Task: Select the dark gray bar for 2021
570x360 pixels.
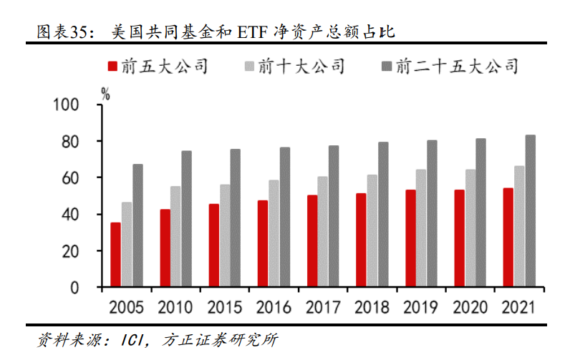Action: pos(530,211)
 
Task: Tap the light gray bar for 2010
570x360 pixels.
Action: pos(175,237)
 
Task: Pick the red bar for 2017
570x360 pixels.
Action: pos(312,241)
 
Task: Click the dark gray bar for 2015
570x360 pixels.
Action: pos(235,218)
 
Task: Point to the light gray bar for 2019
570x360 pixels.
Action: pos(421,228)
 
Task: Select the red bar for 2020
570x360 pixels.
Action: pos(459,238)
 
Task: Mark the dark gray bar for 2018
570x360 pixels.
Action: pos(383,215)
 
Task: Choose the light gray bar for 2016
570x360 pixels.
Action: pos(274,234)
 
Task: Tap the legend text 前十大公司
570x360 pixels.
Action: pos(301,67)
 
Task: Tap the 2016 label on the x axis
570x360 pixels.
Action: pos(274,308)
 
